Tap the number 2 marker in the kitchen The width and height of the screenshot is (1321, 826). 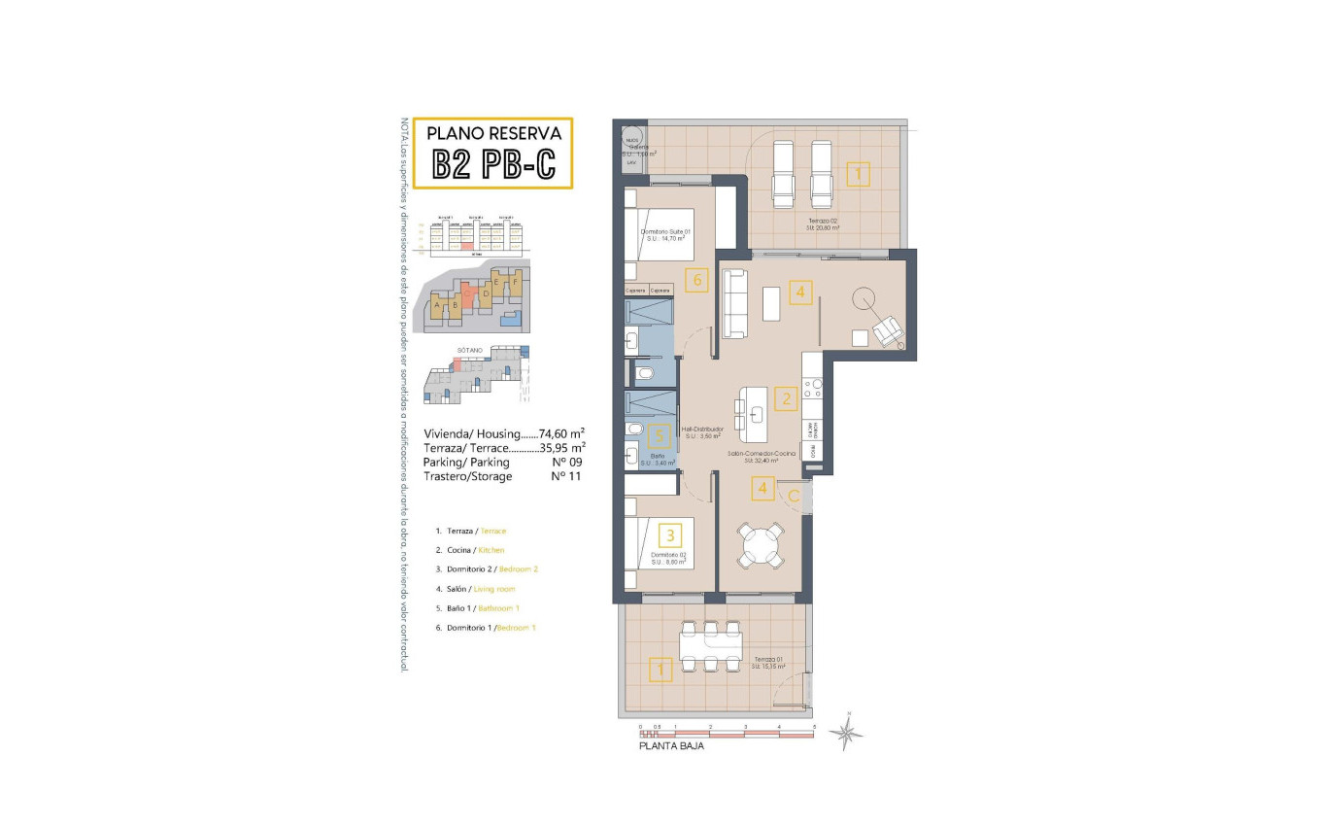(x=785, y=396)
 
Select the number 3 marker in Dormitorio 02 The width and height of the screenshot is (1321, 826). (x=668, y=534)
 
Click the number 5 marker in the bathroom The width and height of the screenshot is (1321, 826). (x=660, y=436)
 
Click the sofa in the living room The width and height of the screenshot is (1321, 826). (x=733, y=302)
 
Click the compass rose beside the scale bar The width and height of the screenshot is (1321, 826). (x=847, y=731)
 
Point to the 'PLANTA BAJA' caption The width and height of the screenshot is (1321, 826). (x=671, y=746)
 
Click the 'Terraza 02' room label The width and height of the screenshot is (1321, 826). (x=822, y=222)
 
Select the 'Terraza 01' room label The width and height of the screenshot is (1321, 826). (x=766, y=661)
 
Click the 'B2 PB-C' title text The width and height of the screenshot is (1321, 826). (x=493, y=165)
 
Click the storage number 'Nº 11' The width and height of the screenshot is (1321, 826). (x=565, y=477)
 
